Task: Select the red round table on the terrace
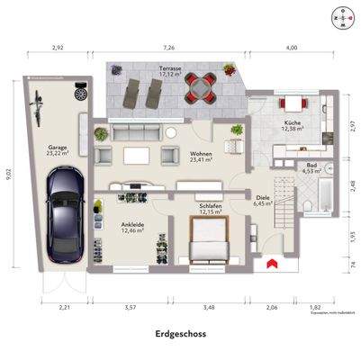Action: coord(199,86)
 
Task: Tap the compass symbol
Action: coord(338,16)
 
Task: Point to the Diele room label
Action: coord(263,200)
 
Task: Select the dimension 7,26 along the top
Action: coord(168,47)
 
